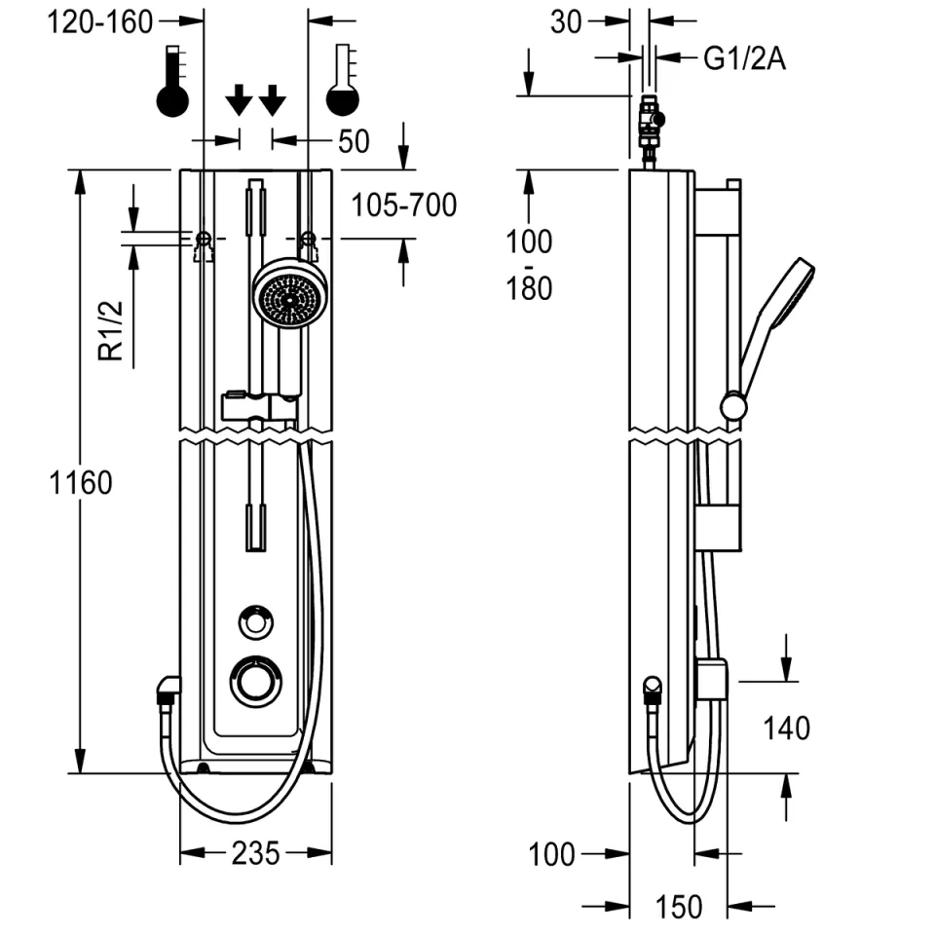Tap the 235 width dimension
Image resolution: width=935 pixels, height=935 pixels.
point(255,853)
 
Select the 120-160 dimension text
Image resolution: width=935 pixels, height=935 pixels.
point(101,21)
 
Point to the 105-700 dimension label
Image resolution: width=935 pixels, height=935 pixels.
point(403,206)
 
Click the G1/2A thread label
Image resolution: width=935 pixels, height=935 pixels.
point(743,59)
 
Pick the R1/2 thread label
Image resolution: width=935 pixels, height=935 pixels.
point(114,331)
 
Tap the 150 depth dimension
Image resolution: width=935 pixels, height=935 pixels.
point(678,906)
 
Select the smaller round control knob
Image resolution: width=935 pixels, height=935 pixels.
point(256,620)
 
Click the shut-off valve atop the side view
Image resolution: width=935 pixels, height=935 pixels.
point(651,127)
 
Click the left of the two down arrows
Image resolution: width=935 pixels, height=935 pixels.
point(239,99)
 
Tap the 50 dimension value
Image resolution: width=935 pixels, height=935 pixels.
point(354,142)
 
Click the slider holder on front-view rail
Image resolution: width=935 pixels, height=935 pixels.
point(258,406)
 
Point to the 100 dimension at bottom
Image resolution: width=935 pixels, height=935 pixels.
point(552,854)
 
